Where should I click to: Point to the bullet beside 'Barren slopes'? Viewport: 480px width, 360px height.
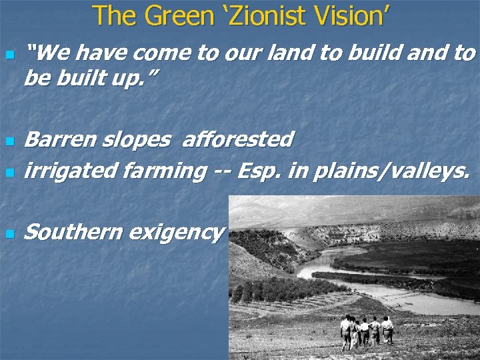click(9, 141)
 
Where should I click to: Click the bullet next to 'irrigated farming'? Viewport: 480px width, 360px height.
click(9, 173)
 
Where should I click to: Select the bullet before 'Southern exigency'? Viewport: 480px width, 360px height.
click(9, 234)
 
